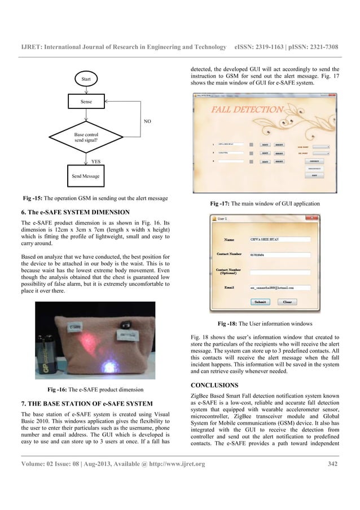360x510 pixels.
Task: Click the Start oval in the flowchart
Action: (x=86, y=79)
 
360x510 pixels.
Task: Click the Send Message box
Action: (x=85, y=176)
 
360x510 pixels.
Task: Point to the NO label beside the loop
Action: (x=147, y=121)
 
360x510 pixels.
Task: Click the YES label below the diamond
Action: (x=96, y=161)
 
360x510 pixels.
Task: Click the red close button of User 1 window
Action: (x=335, y=217)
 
